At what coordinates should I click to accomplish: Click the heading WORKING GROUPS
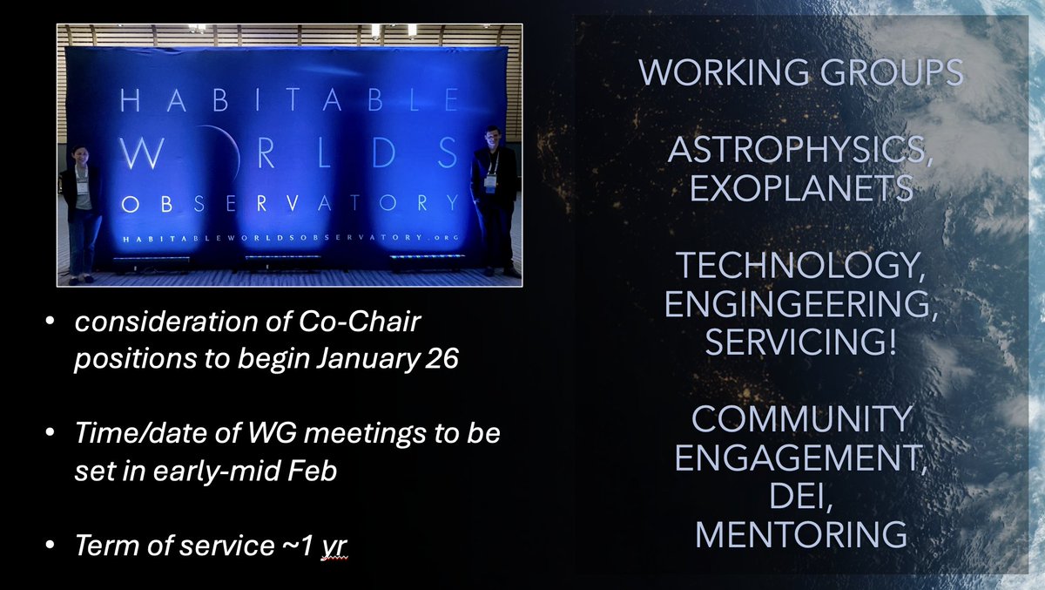pos(800,72)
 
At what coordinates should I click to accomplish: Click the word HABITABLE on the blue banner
pos(288,103)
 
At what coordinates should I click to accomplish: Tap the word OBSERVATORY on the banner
pos(288,203)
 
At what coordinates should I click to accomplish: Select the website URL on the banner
pos(288,237)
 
